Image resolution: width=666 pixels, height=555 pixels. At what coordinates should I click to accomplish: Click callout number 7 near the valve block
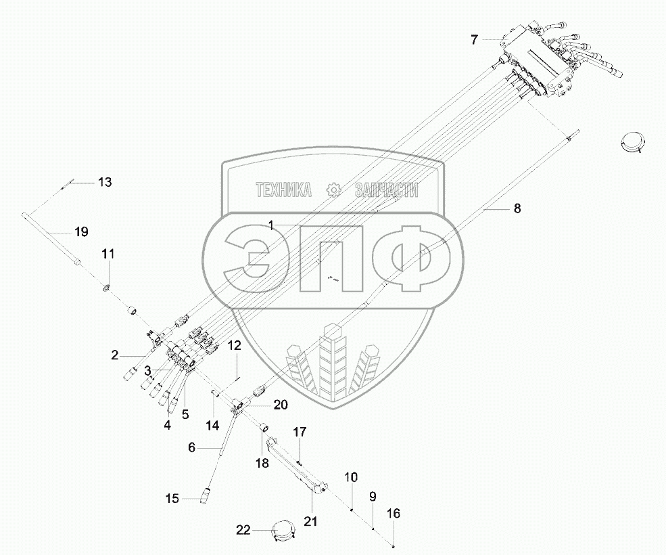coord(475,40)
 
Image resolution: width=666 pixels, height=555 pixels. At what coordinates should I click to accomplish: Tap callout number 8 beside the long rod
coord(517,209)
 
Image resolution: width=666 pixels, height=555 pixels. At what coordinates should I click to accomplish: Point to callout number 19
coord(81,232)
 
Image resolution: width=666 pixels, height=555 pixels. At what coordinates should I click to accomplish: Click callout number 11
coord(108,254)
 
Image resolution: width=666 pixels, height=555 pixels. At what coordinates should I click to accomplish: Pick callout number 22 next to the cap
coord(243,530)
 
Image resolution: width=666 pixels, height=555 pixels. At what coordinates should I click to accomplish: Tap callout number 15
coord(172,499)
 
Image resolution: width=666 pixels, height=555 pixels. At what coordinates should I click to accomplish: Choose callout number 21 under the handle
coord(311,521)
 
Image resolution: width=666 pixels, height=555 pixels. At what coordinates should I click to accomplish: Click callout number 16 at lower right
coord(393,514)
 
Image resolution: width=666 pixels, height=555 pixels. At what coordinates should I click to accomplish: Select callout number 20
coord(280,405)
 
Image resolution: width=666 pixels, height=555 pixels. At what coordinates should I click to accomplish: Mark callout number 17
coord(299,431)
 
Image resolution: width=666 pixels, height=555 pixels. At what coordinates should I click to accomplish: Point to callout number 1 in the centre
coord(270,227)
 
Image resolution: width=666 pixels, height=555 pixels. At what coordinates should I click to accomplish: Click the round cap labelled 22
coord(284,529)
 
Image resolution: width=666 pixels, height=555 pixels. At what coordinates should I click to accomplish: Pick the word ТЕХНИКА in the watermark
coord(283,191)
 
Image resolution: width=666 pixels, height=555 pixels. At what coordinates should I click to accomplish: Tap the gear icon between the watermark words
coord(332,190)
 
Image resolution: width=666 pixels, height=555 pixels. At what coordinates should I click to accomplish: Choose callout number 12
coord(234,346)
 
